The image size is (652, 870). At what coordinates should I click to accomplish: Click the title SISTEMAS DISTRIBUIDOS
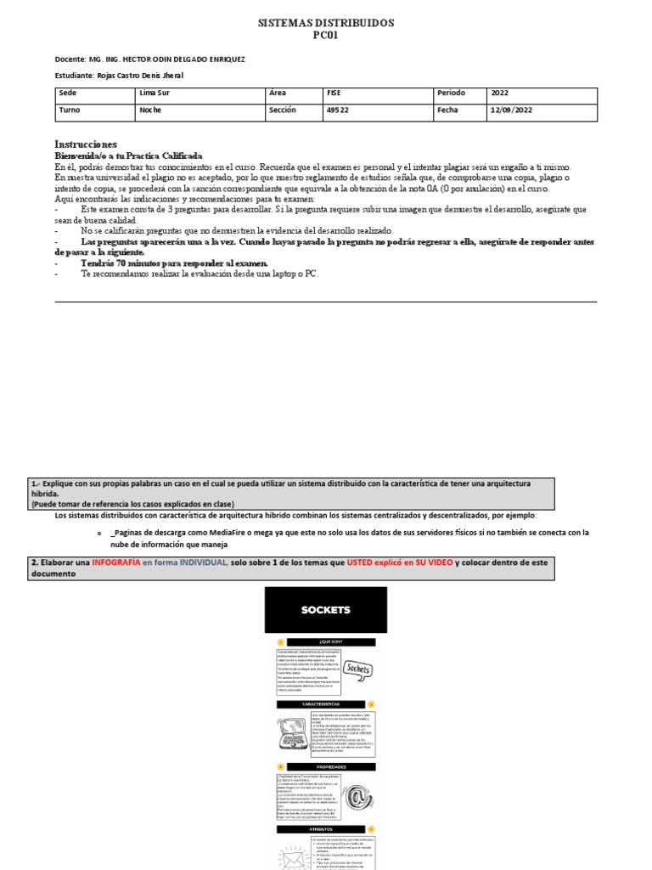tap(326, 23)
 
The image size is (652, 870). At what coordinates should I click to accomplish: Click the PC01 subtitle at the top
tap(326, 36)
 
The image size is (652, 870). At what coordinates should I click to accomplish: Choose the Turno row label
tap(70, 110)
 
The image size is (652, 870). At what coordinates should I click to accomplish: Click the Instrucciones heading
tap(86, 144)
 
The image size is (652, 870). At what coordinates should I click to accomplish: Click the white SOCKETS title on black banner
tap(325, 610)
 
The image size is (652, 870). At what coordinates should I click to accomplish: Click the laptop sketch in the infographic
tap(293, 731)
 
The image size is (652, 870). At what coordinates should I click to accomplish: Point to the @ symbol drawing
tap(357, 795)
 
